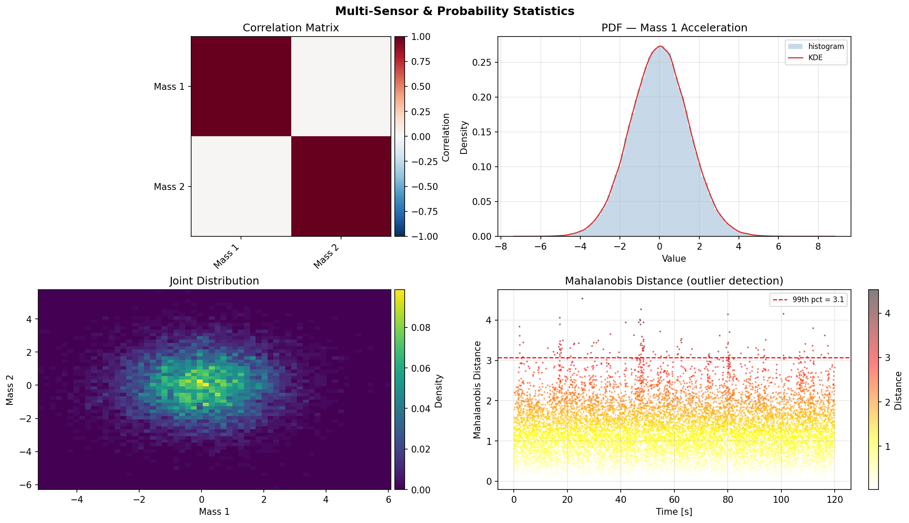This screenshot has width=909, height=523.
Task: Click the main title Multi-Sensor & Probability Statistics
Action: click(454, 11)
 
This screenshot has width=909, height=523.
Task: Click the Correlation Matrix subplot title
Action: click(291, 28)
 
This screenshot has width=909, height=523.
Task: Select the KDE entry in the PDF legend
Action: click(815, 58)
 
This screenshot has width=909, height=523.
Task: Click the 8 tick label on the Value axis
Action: click(818, 247)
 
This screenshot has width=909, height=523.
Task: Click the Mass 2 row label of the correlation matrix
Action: click(169, 187)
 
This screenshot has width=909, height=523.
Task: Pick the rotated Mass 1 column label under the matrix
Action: click(226, 257)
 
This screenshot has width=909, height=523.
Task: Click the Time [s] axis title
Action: click(674, 512)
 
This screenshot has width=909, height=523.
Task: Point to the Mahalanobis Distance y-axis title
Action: click(477, 390)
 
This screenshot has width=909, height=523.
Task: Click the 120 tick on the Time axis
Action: click(834, 500)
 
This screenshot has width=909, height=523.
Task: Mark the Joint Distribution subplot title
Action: click(214, 281)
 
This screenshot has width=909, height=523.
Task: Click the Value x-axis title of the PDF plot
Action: click(674, 259)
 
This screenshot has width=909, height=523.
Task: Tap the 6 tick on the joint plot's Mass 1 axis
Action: click(388, 500)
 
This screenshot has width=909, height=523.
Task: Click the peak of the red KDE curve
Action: click(659, 46)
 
